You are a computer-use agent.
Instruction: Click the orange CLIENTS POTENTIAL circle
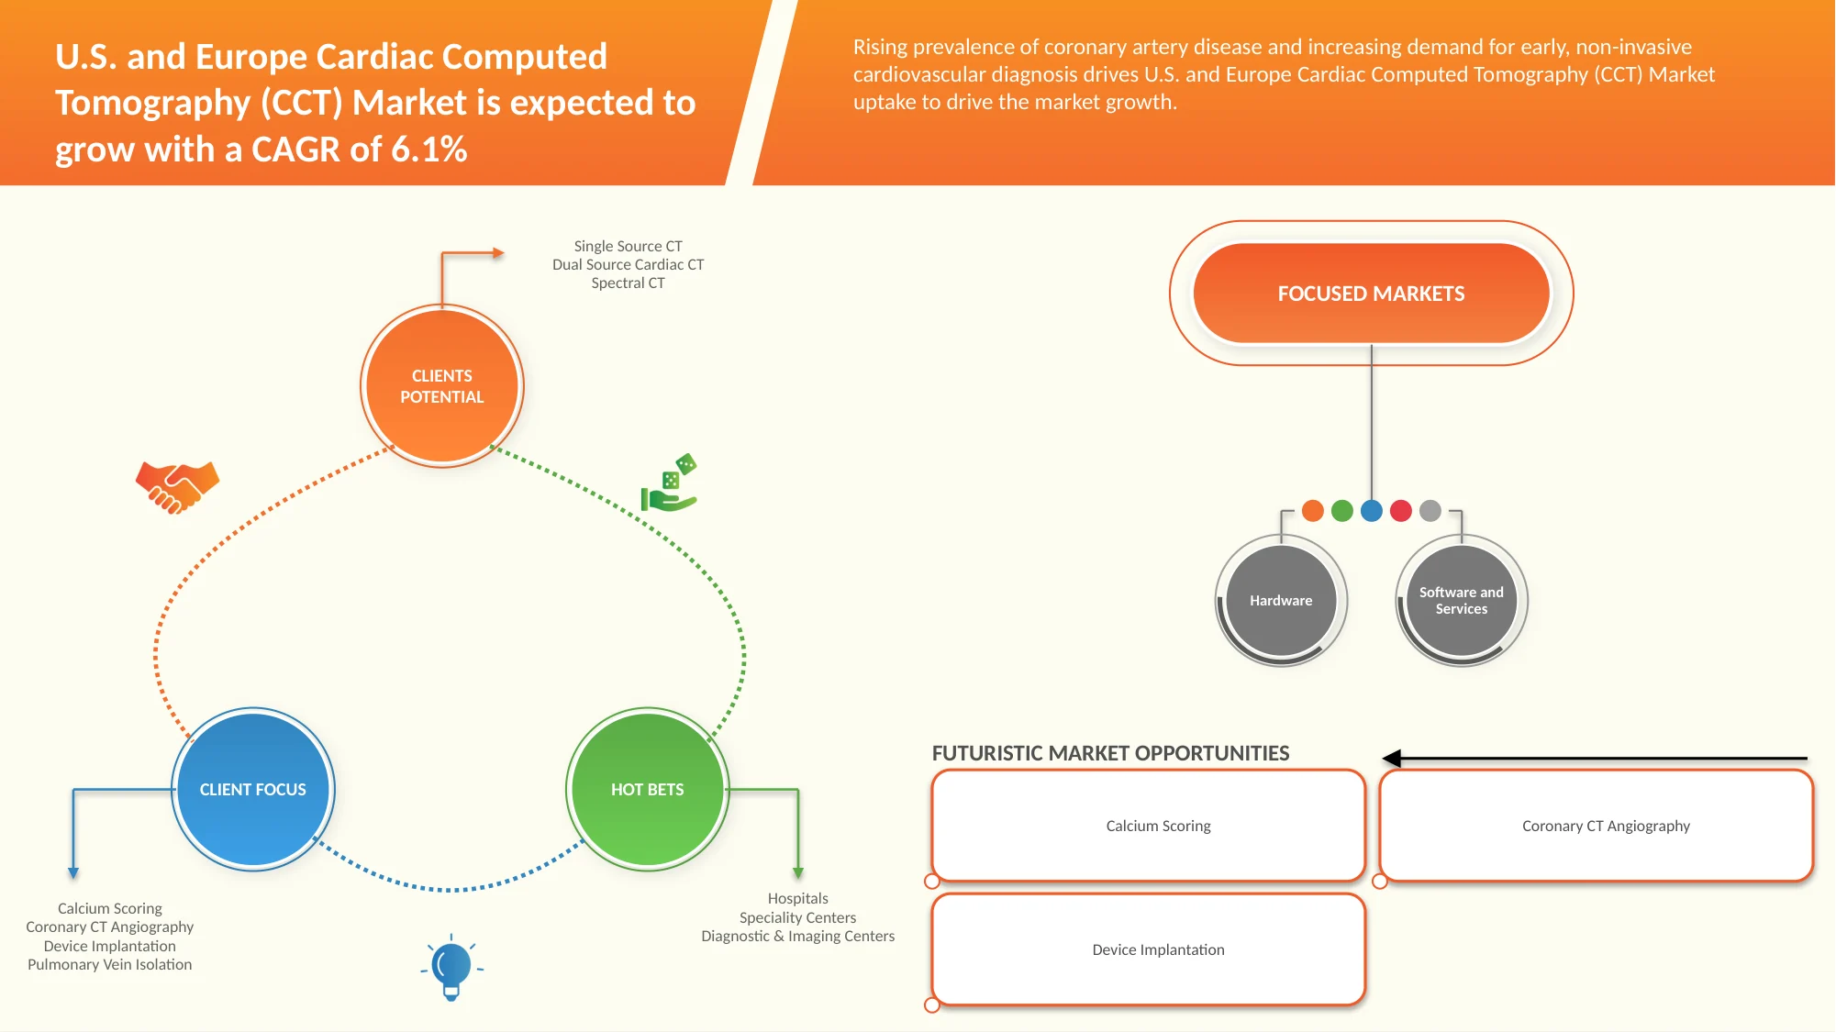[x=441, y=386]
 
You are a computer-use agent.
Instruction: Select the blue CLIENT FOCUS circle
[x=253, y=789]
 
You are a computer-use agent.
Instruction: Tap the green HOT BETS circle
[x=648, y=789]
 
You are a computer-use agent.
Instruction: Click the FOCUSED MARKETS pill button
[x=1372, y=294]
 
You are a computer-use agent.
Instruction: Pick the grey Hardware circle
[x=1281, y=601]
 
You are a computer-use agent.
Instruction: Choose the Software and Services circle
[x=1462, y=601]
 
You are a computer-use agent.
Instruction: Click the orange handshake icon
[x=177, y=486]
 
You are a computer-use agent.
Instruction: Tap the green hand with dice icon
[x=669, y=483]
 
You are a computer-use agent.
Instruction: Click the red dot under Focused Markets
[x=1401, y=511]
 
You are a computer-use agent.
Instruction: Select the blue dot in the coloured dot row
[x=1372, y=511]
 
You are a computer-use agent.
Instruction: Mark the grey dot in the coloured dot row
[x=1430, y=511]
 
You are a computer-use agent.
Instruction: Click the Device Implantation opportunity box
[x=1149, y=949]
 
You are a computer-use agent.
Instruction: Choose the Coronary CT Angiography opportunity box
[x=1597, y=826]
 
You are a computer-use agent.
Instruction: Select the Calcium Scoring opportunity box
[x=1149, y=826]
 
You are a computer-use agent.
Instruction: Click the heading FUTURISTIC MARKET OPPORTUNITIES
[x=1110, y=753]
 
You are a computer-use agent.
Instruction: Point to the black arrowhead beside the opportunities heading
[x=1392, y=759]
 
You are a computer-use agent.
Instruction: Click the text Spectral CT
[x=628, y=283]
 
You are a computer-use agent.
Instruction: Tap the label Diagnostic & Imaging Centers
[x=797, y=936]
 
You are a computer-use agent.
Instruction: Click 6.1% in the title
[x=429, y=150]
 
